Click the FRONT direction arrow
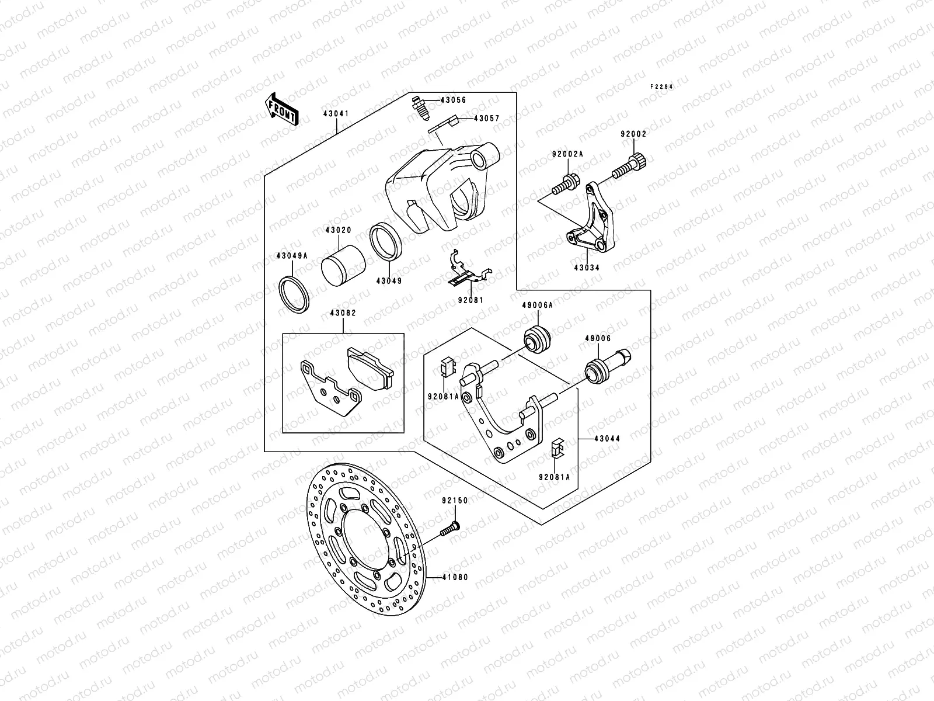coord(283,109)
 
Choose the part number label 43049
coord(389,281)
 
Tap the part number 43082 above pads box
coord(343,313)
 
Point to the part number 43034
coord(587,268)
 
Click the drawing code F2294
coord(662,86)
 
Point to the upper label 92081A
coord(443,396)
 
